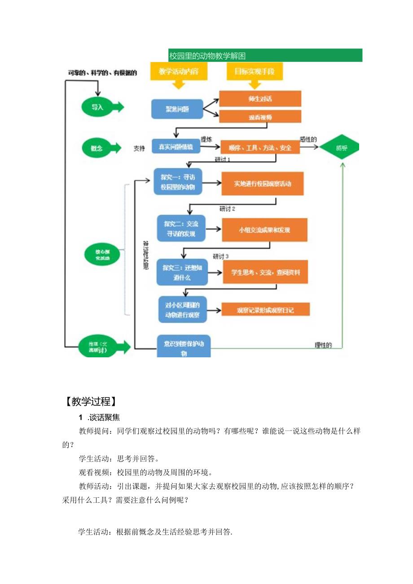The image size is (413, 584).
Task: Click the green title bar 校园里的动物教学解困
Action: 265,55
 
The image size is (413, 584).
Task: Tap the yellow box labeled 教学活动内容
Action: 179,71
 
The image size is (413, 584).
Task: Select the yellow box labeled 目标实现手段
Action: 255,71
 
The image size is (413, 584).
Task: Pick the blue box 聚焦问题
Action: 177,109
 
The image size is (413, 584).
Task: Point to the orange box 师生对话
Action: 260,99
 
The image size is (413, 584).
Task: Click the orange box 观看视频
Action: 260,117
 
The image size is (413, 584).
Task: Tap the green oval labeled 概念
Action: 97,147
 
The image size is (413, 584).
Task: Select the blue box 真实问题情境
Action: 176,146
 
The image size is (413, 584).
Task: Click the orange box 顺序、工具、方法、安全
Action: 260,147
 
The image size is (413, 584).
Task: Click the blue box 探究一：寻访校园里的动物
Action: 178,182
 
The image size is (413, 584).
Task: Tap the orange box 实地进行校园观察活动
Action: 263,184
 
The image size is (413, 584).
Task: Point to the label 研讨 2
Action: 227,209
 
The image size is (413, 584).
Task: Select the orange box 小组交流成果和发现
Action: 264,230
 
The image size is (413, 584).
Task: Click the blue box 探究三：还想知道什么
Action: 182,272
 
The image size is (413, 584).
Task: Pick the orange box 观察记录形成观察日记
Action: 265,310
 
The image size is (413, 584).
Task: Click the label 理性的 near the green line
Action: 323,345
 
